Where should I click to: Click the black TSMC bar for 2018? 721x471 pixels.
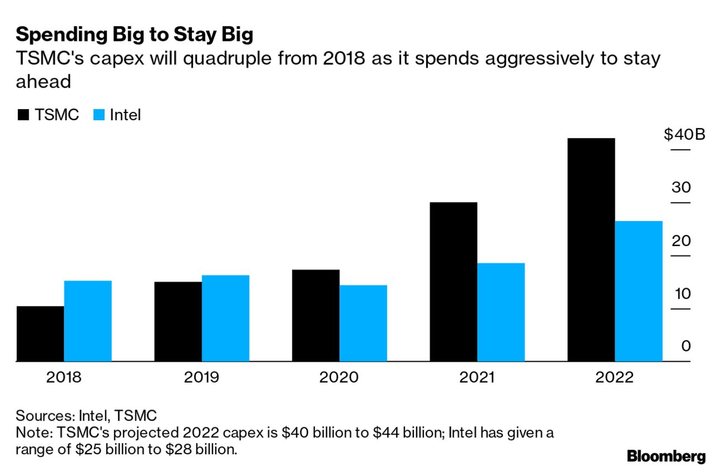40,334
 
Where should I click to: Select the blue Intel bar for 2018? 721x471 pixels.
88,321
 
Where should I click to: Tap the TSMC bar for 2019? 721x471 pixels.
178,322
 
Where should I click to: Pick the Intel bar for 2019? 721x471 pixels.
225,318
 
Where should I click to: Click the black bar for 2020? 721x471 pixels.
315,315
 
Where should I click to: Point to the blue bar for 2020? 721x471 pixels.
363,323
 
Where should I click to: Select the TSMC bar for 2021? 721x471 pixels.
453,282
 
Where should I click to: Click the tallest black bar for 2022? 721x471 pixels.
591,250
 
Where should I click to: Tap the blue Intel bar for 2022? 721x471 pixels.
638,291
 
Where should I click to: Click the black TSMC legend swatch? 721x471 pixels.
23,115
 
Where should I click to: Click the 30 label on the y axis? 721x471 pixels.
681,187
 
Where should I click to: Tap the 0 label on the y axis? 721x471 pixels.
685,346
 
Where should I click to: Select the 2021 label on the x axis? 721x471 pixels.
477,378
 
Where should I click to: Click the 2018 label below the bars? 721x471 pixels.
64,378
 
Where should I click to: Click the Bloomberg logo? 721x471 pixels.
666,456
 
